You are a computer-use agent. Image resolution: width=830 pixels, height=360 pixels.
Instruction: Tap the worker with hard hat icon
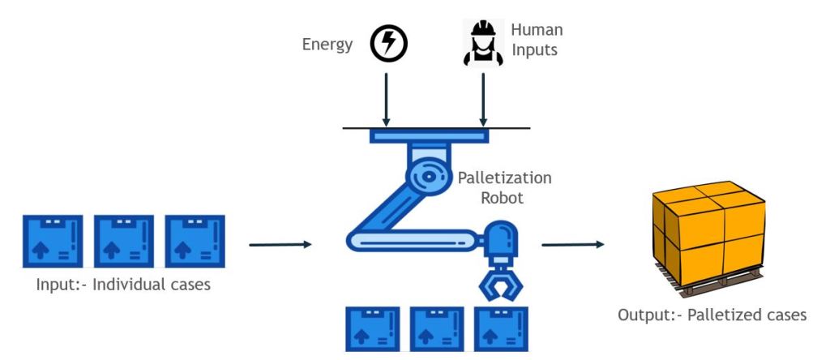[x=484, y=43]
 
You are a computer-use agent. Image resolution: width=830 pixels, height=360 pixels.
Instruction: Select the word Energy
[x=327, y=45]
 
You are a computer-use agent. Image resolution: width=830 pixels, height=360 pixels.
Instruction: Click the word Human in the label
[x=537, y=30]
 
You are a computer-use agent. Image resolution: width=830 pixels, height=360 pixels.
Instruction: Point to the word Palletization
[x=504, y=177]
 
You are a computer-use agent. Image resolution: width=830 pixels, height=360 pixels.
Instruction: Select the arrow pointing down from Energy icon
[x=387, y=98]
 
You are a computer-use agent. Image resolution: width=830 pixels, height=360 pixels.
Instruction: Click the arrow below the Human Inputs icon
[x=484, y=98]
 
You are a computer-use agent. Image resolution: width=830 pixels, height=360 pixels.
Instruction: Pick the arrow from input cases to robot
[x=280, y=244]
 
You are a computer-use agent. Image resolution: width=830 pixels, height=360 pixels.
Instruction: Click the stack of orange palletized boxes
[x=708, y=232]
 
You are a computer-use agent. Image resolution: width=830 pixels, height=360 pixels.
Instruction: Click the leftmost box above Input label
[x=53, y=242]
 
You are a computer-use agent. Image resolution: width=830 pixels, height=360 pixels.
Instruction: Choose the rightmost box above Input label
[x=195, y=242]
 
